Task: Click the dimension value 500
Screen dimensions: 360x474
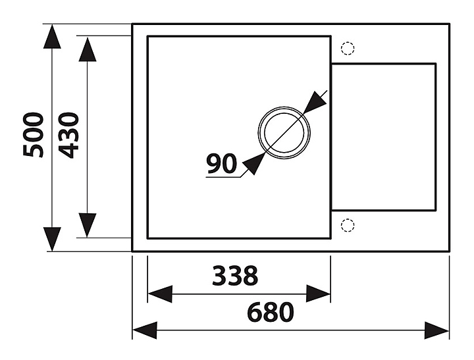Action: [x=34, y=135]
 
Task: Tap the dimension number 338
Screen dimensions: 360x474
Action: [x=235, y=276]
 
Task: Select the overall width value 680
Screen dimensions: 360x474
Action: [x=271, y=312]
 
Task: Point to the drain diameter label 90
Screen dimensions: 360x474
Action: [x=221, y=163]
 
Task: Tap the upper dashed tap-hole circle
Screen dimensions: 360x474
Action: [x=348, y=48]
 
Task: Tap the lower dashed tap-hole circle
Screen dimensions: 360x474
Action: [x=348, y=225]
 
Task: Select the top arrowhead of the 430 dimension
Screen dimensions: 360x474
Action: [x=88, y=49]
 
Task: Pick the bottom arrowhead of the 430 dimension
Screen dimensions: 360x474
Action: [x=88, y=224]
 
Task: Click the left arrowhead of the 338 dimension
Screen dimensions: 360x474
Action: [x=160, y=294]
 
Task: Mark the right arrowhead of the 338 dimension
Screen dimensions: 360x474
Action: [x=317, y=294]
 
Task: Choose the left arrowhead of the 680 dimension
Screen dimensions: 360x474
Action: [x=145, y=330]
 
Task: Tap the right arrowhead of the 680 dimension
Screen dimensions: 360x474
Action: [x=436, y=330]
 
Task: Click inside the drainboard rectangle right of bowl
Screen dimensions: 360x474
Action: [x=382, y=136]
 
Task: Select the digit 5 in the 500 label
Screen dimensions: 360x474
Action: [x=34, y=150]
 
